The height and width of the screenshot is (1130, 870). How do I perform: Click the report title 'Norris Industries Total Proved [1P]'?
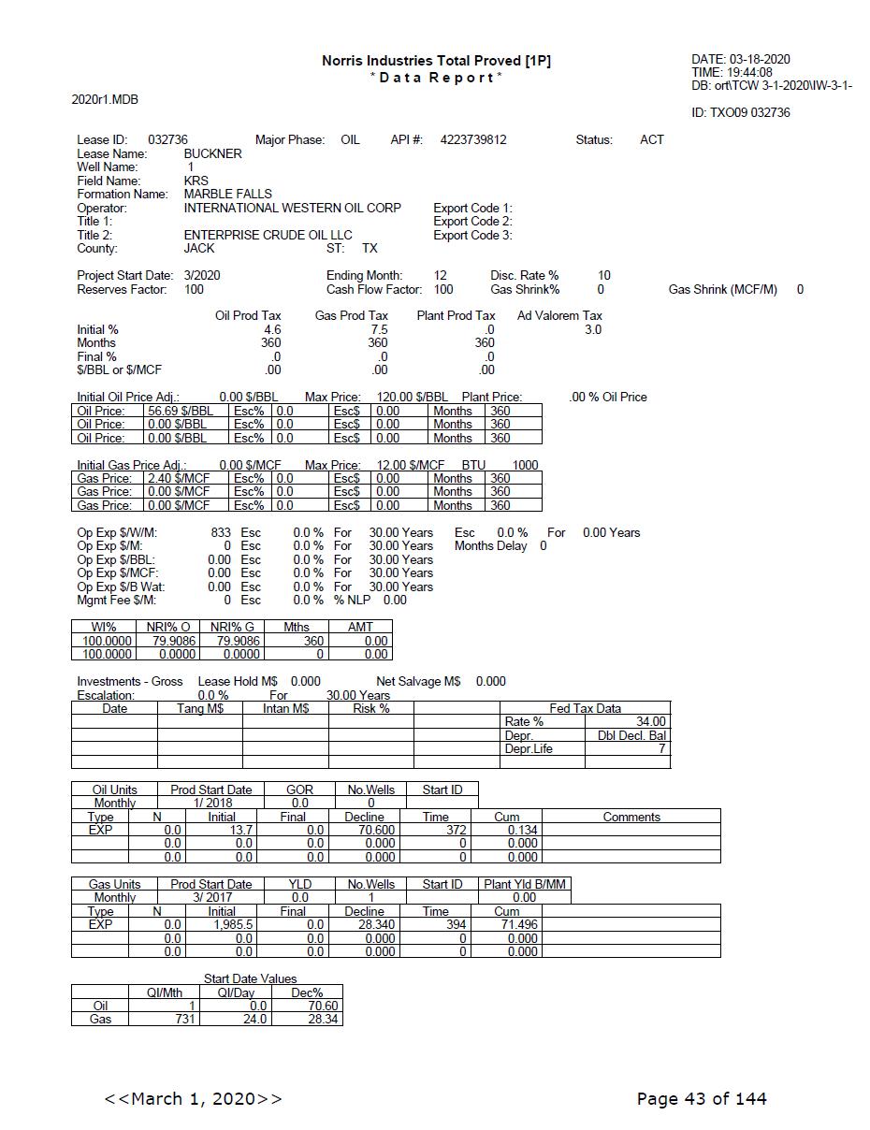point(436,61)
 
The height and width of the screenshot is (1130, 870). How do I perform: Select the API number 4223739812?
point(473,140)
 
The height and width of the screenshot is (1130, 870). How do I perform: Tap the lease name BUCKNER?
point(212,153)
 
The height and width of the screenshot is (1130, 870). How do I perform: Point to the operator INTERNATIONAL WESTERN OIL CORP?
point(292,208)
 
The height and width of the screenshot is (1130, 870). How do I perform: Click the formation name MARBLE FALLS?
point(227,195)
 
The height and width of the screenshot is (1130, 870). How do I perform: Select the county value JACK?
point(199,249)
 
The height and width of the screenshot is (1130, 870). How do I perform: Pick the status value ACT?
point(652,140)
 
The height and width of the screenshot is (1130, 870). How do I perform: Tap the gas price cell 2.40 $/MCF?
point(179,478)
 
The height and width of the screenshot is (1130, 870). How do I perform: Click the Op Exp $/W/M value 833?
point(221,533)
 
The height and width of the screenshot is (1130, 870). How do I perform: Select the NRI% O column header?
point(167,627)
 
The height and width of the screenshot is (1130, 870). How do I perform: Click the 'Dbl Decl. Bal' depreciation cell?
point(631,735)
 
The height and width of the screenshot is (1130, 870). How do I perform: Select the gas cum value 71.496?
point(519,924)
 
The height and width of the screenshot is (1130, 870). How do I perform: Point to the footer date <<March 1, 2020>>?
point(193,1098)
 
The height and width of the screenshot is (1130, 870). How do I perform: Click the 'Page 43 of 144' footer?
point(702,1098)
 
